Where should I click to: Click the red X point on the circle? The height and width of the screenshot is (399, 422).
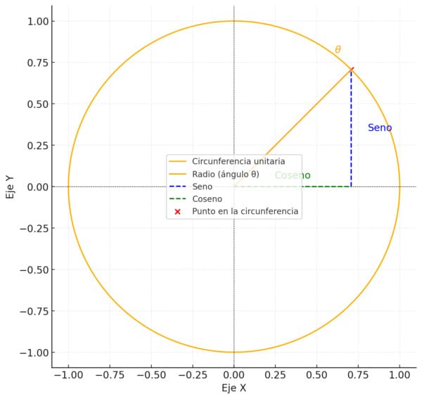(351, 70)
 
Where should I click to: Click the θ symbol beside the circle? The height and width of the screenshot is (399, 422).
(338, 49)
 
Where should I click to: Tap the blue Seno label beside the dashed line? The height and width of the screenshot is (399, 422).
(380, 127)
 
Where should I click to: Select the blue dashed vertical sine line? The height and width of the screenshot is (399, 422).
(351, 128)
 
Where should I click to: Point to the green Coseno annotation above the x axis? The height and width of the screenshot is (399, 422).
(293, 175)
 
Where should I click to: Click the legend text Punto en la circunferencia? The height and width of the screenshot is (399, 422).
(245, 211)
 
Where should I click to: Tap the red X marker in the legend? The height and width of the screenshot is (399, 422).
(177, 212)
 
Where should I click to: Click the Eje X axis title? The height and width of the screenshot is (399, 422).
(234, 388)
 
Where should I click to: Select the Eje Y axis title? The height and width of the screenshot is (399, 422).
(10, 187)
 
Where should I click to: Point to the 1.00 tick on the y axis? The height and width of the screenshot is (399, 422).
(38, 21)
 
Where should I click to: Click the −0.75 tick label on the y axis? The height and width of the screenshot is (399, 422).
(34, 311)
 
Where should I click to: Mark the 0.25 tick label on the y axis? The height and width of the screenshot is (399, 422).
(38, 146)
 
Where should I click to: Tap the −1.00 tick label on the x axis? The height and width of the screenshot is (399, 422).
(68, 375)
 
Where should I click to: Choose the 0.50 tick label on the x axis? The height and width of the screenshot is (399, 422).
(316, 375)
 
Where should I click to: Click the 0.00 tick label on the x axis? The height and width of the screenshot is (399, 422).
(234, 375)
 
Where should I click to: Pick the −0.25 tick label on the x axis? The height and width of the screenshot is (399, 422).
(193, 375)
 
